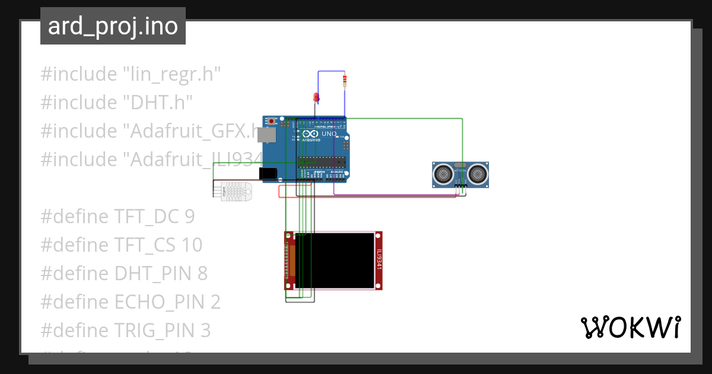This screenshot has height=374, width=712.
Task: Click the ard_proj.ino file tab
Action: [x=113, y=26]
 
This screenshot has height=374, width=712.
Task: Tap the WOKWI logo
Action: [x=630, y=328]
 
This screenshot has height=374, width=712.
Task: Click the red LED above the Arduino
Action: [x=316, y=98]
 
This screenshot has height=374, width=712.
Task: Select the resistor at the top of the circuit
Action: [x=345, y=80]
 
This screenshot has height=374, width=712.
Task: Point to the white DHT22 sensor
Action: [x=236, y=191]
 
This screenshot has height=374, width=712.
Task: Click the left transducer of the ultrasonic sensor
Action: [x=443, y=174]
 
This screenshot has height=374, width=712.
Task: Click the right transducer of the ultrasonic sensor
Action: [x=478, y=174]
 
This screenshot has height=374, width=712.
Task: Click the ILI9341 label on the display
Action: [x=379, y=260]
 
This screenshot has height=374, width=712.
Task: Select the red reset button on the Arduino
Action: [x=272, y=121]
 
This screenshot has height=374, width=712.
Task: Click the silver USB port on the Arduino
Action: [x=267, y=136]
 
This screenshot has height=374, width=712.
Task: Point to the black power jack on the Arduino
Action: [x=268, y=173]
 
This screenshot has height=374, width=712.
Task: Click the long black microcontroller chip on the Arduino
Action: [x=321, y=161]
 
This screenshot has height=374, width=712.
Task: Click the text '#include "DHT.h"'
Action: [x=117, y=103]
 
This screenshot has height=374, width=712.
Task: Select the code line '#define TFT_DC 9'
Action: [x=117, y=217]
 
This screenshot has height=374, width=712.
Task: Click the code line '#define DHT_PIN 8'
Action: [x=124, y=274]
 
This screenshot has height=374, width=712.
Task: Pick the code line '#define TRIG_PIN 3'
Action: [x=125, y=330]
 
